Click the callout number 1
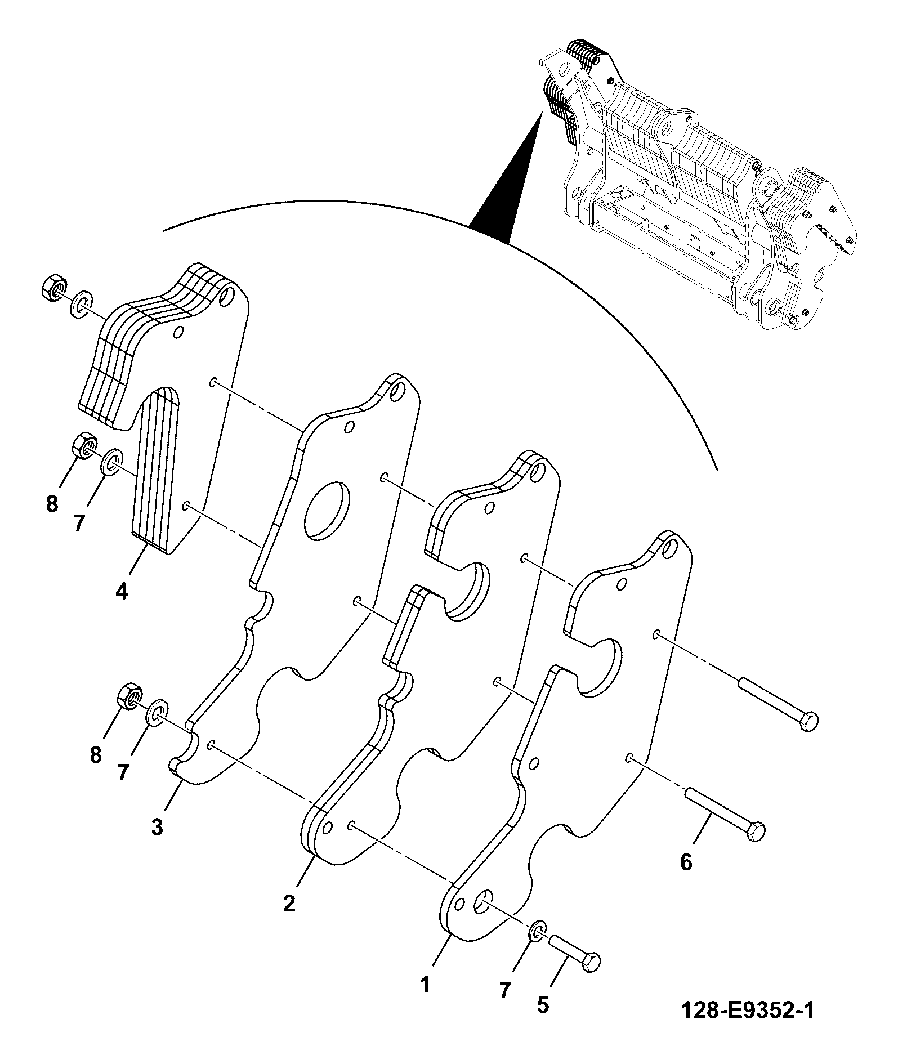(425, 984)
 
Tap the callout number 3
(157, 827)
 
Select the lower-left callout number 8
(96, 754)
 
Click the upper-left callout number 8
(52, 504)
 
